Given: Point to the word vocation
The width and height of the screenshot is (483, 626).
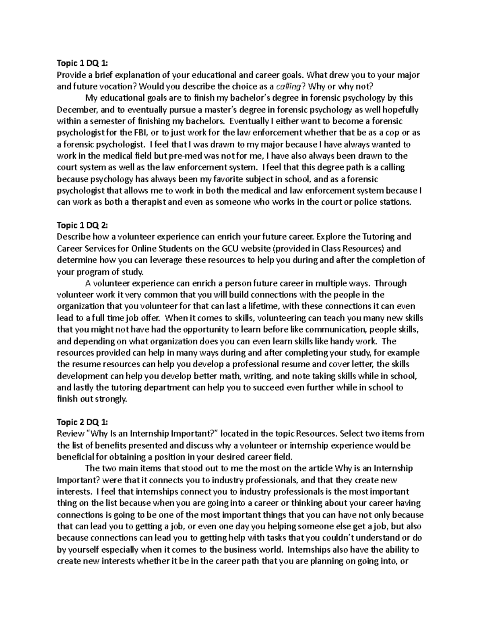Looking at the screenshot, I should (x=115, y=86).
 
